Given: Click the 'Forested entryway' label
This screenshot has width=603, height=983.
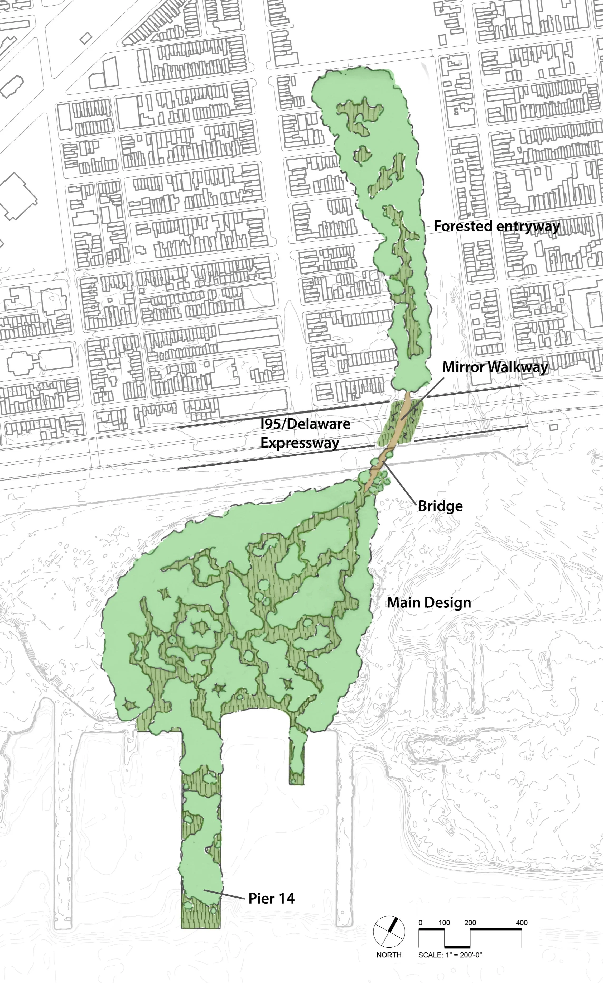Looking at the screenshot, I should [496, 226].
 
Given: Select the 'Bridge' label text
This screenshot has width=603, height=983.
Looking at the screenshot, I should [440, 506].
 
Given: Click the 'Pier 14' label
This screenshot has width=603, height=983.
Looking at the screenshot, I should [271, 898].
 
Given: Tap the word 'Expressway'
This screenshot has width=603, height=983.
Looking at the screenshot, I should [300, 443].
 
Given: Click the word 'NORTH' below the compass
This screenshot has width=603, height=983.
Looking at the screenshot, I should [389, 955].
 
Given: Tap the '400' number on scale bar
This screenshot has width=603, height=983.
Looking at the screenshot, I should [521, 923].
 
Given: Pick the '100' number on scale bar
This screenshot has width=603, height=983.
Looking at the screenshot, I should [444, 923].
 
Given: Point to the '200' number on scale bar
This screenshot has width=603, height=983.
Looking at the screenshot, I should [470, 923].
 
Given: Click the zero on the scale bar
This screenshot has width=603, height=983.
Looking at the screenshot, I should [420, 923].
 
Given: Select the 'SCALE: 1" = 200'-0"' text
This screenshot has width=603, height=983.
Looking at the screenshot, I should [450, 955].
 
